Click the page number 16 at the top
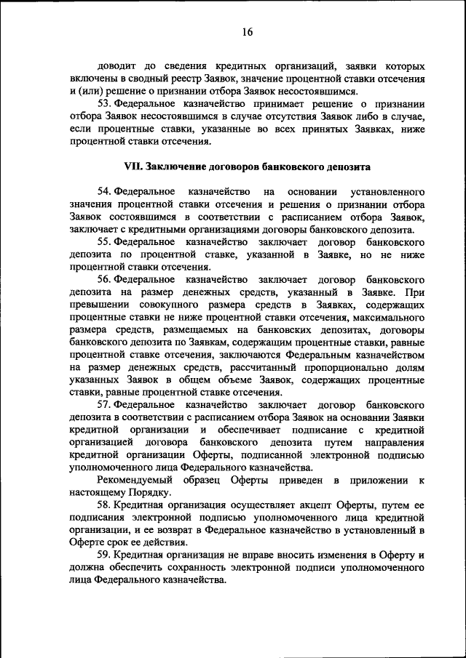(247, 32)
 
